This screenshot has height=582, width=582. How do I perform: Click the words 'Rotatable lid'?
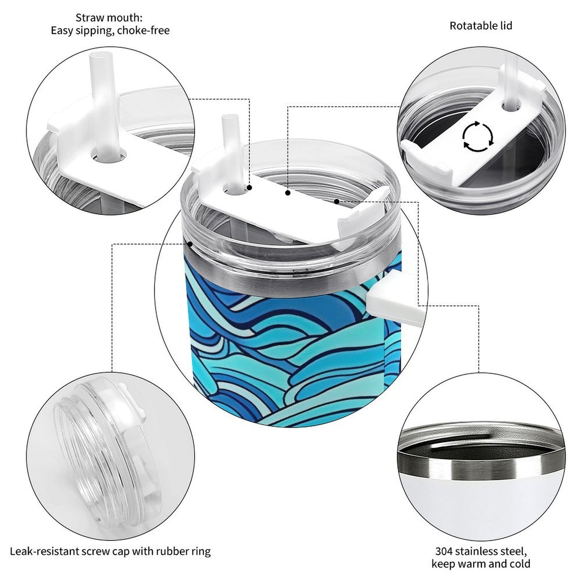click(481, 26)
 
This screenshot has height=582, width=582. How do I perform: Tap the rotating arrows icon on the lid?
click(478, 136)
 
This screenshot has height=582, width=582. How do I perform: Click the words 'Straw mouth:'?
click(109, 18)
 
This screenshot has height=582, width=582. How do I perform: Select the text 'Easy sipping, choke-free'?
click(110, 31)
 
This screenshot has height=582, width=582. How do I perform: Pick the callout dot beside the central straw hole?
click(249, 188)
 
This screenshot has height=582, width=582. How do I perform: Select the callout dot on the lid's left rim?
click(190, 244)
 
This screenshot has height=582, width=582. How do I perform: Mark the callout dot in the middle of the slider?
click(288, 193)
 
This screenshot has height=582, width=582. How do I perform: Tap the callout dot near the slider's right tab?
click(337, 201)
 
